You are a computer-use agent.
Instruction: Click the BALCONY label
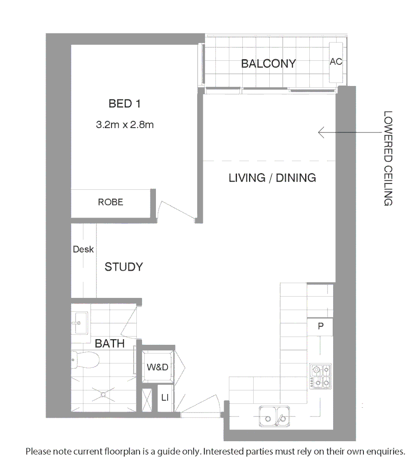pos(268,63)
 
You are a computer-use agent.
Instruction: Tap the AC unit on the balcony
pos(336,62)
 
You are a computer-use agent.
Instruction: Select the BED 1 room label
pos(124,104)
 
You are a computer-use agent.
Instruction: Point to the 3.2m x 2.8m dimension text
pos(125,125)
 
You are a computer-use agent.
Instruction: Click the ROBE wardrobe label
pos(110,202)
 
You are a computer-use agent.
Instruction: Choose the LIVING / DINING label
pos(272,178)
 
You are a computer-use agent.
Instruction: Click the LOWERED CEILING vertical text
pos(388,159)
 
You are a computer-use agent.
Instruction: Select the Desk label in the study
pos(83,250)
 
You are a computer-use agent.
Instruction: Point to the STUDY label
pos(123,267)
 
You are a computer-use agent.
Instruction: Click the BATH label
pos(109,344)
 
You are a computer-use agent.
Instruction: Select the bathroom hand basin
pos(79,322)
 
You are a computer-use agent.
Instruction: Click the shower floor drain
pos(103,394)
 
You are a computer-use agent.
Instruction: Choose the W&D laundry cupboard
pos(157,367)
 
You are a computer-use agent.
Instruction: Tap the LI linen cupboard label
pos(165,397)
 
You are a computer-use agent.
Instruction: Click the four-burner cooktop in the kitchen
pos(321,376)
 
